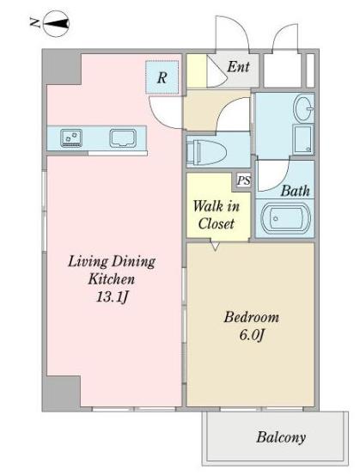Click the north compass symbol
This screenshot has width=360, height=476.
click(x=57, y=23)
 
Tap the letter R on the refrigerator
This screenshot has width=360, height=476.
click(x=162, y=77)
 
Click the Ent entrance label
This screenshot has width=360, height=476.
click(x=239, y=66)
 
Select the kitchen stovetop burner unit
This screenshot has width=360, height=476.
click(x=71, y=138)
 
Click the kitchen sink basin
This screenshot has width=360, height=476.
click(x=123, y=138)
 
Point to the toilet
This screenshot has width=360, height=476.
click(x=206, y=151)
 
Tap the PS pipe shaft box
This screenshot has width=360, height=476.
click(x=243, y=181)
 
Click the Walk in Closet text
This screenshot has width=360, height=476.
click(x=217, y=215)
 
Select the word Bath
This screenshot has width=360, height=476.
click(x=295, y=191)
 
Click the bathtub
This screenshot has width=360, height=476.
click(x=285, y=218)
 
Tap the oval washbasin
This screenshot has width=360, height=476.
click(x=303, y=108)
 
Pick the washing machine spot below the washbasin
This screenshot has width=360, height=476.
click(x=303, y=139)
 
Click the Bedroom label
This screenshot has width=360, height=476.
click(x=252, y=318)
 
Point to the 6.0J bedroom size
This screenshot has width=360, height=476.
click(x=252, y=335)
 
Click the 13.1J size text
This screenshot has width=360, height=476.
click(x=112, y=296)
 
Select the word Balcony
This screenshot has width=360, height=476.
click(x=281, y=437)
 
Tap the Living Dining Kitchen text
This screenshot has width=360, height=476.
click(x=112, y=270)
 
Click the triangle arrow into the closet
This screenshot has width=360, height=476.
click(x=215, y=246)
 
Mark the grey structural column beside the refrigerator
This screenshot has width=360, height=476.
click(x=62, y=67)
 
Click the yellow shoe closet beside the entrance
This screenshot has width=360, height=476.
click(x=197, y=71)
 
